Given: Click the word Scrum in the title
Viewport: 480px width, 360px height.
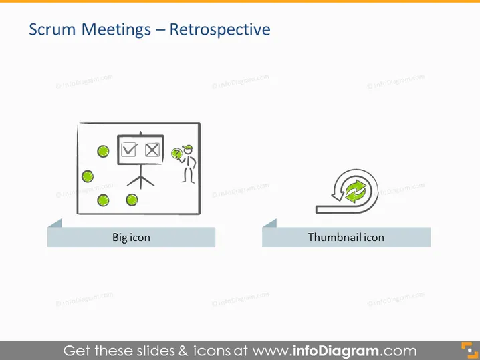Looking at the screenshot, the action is tap(52, 29).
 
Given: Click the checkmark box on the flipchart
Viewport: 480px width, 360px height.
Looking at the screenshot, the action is tap(129, 149).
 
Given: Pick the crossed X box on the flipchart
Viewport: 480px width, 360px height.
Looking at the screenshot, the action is tap(152, 150).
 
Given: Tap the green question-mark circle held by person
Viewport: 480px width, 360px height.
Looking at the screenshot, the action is tap(176, 153).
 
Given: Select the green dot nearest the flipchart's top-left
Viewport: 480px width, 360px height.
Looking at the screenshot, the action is tap(103, 151).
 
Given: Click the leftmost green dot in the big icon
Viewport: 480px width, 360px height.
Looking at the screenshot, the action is tap(88, 176).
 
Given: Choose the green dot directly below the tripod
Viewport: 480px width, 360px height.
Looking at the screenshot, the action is tap(132, 200).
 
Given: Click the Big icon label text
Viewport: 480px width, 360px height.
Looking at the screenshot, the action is tap(131, 238).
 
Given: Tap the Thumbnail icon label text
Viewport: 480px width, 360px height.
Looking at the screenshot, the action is tap(346, 237).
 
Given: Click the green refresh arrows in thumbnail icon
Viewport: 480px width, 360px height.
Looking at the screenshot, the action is tap(356, 192).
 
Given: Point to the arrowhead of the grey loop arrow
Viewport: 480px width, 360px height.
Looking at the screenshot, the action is tap(338, 196).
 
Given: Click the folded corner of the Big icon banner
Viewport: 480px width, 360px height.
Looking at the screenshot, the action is tap(55, 223).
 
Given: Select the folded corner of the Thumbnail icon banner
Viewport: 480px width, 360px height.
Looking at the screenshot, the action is tap(270, 223).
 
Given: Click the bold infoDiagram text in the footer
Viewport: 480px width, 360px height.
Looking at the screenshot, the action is tap(336, 351).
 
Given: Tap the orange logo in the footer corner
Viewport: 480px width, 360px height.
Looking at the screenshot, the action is tap(469, 350).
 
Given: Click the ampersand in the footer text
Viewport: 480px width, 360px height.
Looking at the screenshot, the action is tap(183, 351).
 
